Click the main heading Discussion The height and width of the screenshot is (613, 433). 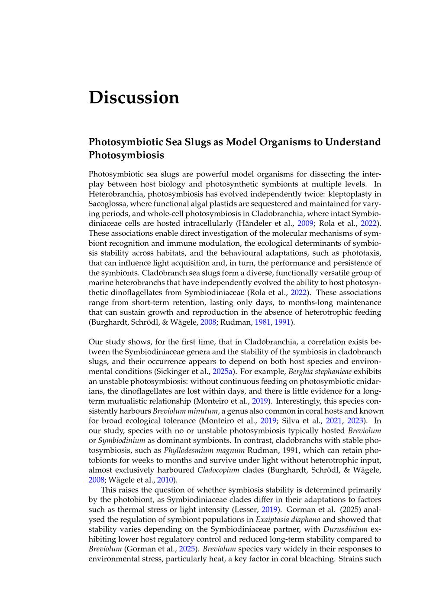(134, 98)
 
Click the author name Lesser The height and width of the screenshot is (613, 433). (246, 509)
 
